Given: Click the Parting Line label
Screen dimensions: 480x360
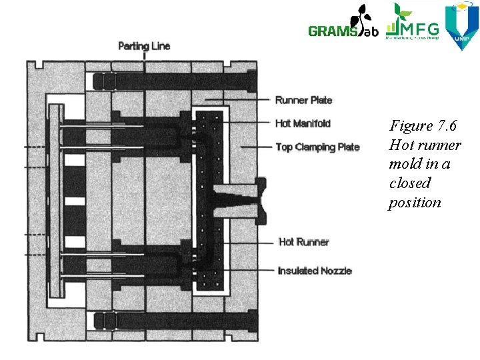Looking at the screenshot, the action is pyautogui.click(x=144, y=46).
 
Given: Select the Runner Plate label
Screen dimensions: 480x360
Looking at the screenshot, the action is pyautogui.click(x=303, y=100).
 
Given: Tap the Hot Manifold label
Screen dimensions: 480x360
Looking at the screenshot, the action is pyautogui.click(x=303, y=123).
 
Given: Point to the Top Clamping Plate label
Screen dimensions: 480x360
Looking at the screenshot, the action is pyautogui.click(x=317, y=147).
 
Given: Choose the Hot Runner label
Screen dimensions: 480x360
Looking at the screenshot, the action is pyautogui.click(x=303, y=241).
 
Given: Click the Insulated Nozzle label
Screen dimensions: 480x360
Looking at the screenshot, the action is pyautogui.click(x=314, y=270).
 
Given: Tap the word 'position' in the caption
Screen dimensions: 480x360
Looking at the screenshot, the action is pyautogui.click(x=415, y=202).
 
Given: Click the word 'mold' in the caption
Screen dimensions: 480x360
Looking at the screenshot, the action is pyautogui.click(x=404, y=164).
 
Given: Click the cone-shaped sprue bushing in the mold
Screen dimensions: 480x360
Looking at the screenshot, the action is pyautogui.click(x=237, y=200).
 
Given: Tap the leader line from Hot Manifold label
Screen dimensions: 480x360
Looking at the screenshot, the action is pyautogui.click(x=247, y=123).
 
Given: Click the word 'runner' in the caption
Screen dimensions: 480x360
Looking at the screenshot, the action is pyautogui.click(x=439, y=145).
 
